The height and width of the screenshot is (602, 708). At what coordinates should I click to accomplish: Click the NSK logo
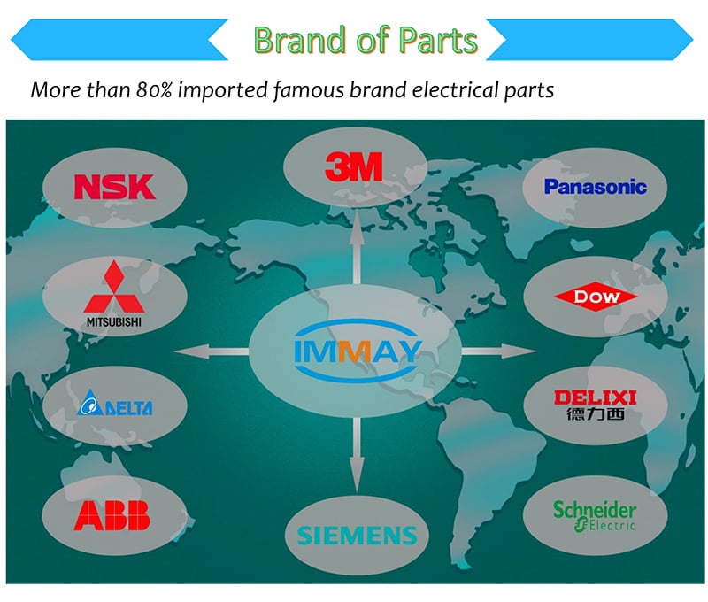[x=115, y=187]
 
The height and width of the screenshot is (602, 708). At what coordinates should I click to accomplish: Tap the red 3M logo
[x=354, y=166]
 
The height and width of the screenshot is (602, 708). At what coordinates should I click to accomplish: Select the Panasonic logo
[x=595, y=187]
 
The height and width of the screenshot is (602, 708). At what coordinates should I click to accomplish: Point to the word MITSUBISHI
[x=114, y=322]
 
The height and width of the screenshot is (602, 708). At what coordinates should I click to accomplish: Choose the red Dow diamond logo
[x=596, y=297]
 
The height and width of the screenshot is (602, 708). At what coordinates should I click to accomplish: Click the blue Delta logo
[x=115, y=403]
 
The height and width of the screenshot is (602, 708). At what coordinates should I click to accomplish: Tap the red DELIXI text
[x=596, y=397]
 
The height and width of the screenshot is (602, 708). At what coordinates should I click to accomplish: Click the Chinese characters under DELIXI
[x=596, y=413]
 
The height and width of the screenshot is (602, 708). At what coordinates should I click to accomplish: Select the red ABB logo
[x=112, y=515]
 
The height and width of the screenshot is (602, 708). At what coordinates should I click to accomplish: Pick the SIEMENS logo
[x=357, y=536]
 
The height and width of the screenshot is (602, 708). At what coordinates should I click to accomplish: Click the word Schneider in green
[x=595, y=510]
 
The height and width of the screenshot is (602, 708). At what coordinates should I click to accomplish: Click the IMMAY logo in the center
[x=358, y=351]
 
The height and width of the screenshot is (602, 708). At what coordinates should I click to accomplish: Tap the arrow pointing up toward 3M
[x=357, y=248]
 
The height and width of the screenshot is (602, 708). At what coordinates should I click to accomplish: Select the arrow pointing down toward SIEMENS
[x=357, y=455]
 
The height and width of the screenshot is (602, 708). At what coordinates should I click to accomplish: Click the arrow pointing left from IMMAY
[x=212, y=351]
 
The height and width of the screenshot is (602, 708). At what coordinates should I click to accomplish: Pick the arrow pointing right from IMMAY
[x=499, y=351]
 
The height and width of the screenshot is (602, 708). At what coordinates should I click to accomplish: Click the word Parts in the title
[x=438, y=40]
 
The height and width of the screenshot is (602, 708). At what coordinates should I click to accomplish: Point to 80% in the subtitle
[x=154, y=90]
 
